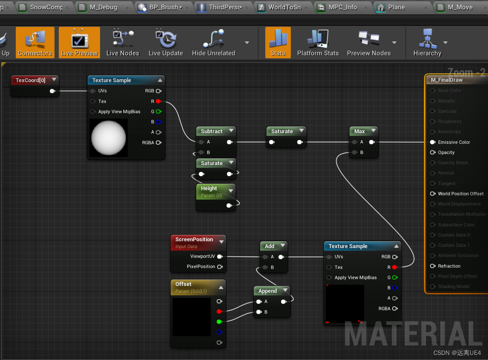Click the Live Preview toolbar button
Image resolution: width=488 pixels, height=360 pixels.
(79, 43)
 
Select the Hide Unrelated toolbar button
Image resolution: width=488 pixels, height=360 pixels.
(213, 43)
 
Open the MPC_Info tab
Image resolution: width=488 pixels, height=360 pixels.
(342, 7)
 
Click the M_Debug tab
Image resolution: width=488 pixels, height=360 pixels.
(103, 7)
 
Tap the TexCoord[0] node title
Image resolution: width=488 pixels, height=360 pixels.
(31, 80)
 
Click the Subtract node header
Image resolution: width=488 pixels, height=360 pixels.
(212, 131)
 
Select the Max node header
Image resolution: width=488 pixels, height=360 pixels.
(359, 131)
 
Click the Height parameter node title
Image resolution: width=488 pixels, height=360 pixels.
(209, 189)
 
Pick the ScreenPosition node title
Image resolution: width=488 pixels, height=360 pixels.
(194, 240)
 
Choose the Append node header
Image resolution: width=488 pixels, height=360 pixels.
(267, 291)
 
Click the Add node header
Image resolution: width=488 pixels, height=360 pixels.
(270, 246)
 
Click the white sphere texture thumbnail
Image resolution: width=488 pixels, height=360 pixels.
(109, 137)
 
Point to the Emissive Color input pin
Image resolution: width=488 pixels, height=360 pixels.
(433, 142)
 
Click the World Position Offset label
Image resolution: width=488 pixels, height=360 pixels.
(461, 194)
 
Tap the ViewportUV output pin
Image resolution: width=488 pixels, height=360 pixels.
(220, 257)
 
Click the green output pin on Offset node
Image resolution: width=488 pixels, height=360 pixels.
(219, 322)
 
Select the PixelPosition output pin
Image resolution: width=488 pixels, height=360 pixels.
(220, 267)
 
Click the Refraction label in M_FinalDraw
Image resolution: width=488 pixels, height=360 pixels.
(449, 266)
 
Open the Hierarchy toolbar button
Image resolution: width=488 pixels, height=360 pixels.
(427, 43)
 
